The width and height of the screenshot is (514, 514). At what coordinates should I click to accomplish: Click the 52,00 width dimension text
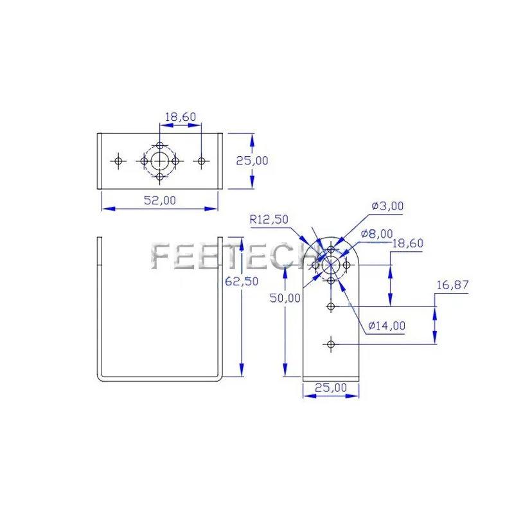(x=159, y=200)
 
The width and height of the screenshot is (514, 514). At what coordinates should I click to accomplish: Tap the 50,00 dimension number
(x=285, y=297)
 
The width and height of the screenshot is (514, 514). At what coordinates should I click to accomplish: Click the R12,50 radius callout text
(x=269, y=220)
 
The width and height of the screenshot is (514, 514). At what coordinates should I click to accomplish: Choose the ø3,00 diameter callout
(x=387, y=206)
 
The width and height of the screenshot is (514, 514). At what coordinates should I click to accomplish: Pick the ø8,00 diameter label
(x=377, y=233)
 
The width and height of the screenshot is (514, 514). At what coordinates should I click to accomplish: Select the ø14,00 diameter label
(x=387, y=326)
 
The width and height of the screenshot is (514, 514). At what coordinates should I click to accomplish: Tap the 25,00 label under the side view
(x=331, y=387)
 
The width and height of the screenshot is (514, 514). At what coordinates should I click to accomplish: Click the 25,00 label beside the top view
(x=253, y=161)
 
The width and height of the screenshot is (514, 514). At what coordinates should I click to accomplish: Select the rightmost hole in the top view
(x=201, y=161)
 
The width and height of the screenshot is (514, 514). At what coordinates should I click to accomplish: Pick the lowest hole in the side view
(x=331, y=344)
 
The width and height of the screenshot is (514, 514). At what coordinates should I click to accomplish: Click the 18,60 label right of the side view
(x=408, y=244)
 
